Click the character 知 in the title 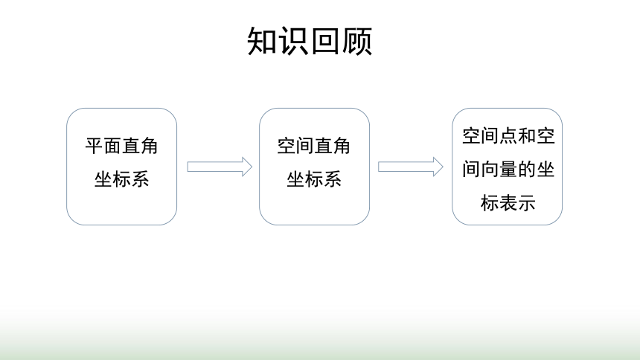[263, 41]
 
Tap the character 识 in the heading [294, 41]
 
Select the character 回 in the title [325, 41]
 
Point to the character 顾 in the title [356, 41]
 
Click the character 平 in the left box [94, 146]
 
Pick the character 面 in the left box [112, 146]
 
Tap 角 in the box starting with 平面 [149, 146]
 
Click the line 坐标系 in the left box [121, 179]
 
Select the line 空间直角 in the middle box [313, 146]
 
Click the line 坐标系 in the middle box [314, 179]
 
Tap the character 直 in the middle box [323, 146]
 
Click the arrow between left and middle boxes [220, 167]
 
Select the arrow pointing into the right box [411, 167]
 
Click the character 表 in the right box [508, 203]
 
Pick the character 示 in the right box [527, 203]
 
